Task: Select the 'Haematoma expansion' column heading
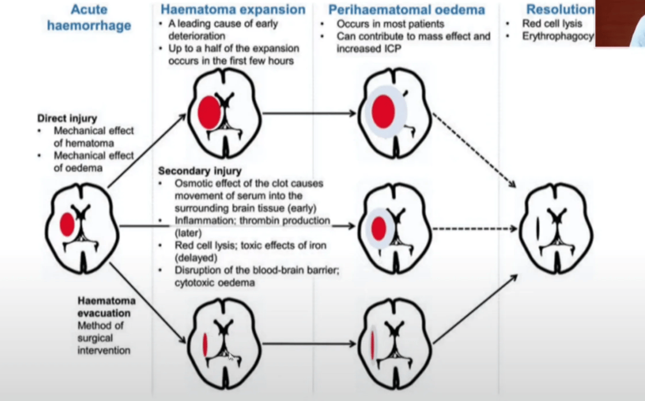pyautogui.click(x=233, y=9)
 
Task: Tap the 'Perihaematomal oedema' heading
pyautogui.click(x=407, y=9)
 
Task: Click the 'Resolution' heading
pyautogui.click(x=559, y=9)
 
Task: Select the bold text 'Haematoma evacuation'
pyautogui.click(x=106, y=307)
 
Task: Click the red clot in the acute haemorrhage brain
pyautogui.click(x=67, y=225)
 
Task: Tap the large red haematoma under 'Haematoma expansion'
pyautogui.click(x=210, y=112)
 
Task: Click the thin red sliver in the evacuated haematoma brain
pyautogui.click(x=205, y=345)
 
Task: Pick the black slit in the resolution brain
pyautogui.click(x=538, y=229)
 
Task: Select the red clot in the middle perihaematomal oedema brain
pyautogui.click(x=379, y=228)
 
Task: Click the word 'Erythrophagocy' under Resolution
pyautogui.click(x=557, y=37)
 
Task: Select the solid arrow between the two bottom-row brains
pyautogui.click(x=310, y=344)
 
